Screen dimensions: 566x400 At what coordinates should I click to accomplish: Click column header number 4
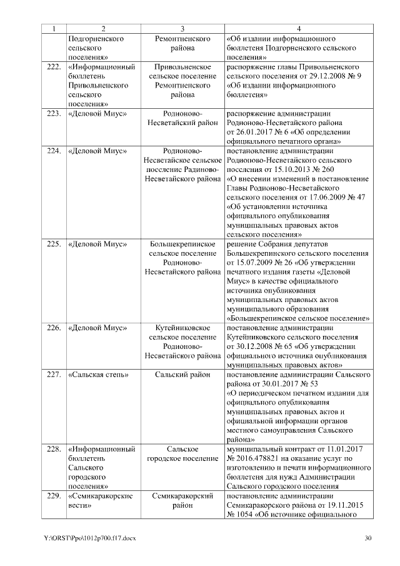pos(298,29)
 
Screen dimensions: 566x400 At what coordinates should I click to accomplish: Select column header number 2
pos(102,29)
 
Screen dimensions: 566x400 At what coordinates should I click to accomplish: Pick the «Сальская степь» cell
pos(98,375)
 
